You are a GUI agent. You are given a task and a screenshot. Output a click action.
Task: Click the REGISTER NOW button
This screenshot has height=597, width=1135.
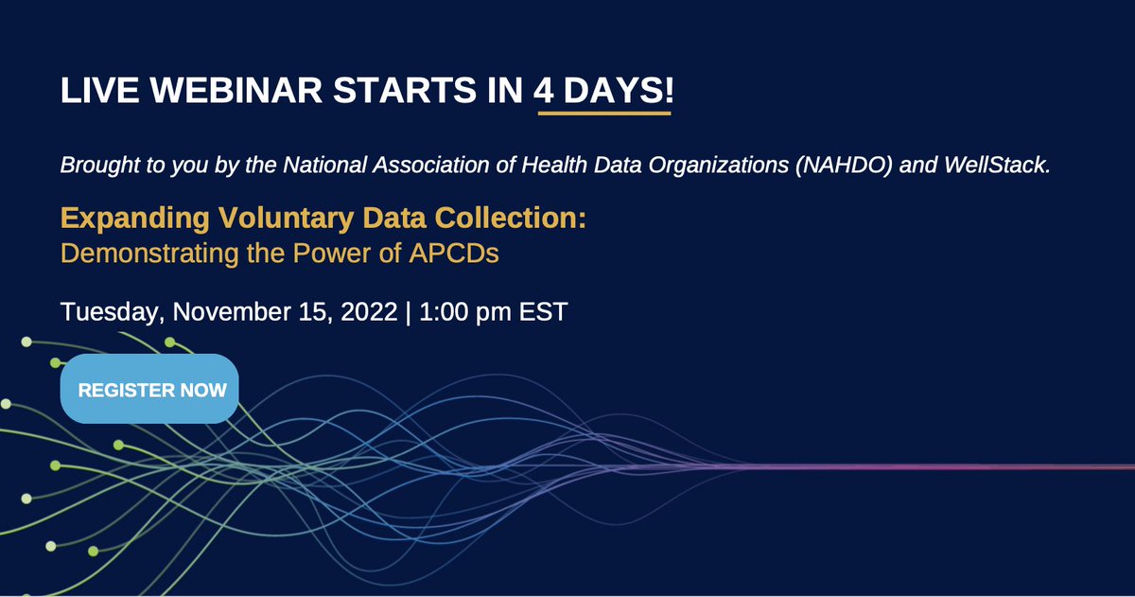click(149, 389)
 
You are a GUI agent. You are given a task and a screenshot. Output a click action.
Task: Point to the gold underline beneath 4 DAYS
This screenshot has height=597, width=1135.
click(603, 114)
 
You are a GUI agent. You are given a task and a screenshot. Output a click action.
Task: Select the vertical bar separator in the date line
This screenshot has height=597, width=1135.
click(408, 311)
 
